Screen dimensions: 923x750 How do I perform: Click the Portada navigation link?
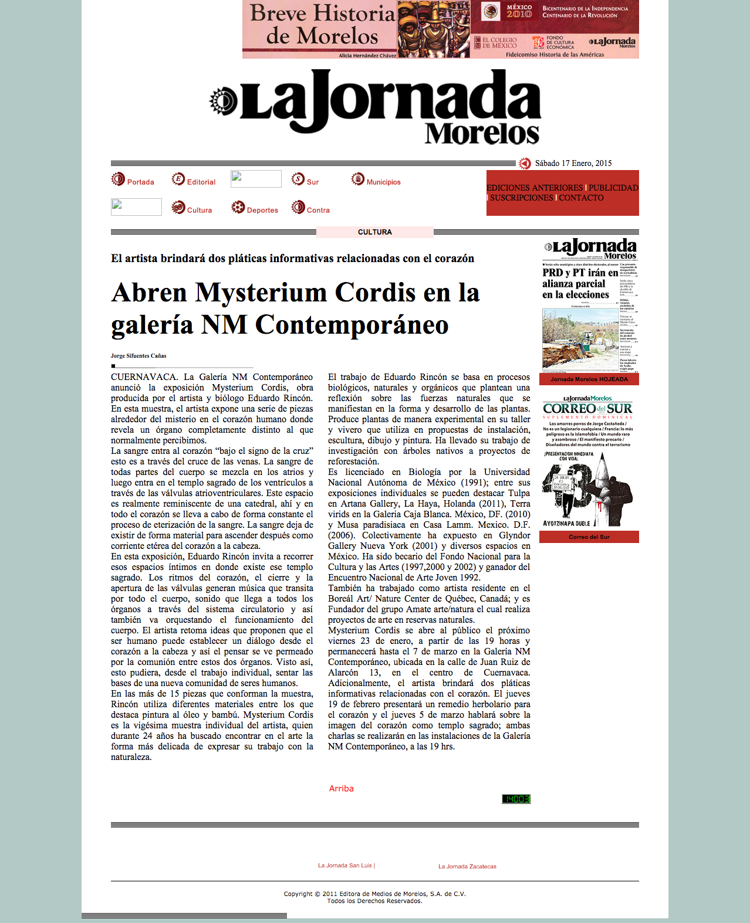point(140,182)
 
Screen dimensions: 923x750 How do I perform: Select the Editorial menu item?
point(201,182)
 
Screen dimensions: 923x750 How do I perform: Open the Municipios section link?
point(383,182)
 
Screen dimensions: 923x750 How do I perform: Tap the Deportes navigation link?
point(262,210)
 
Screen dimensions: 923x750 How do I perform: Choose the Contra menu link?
point(317,210)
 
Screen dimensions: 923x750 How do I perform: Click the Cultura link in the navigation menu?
point(199,210)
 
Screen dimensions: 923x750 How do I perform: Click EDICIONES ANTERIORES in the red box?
point(535,188)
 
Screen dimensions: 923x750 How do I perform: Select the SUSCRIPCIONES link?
point(521,198)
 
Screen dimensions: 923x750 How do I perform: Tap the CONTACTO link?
point(581,198)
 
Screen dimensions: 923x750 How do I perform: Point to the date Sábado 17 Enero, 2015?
point(573,163)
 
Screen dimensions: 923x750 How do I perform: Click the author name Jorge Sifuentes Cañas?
point(138,355)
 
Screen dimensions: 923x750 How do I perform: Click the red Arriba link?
point(341,788)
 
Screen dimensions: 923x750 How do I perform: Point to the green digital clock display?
point(516,799)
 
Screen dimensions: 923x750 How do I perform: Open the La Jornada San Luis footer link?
point(346,865)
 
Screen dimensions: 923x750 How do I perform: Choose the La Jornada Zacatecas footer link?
point(467,866)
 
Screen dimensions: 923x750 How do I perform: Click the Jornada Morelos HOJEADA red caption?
point(589,379)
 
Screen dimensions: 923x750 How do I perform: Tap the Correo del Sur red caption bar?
point(589,537)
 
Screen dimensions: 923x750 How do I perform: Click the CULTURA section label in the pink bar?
point(374,232)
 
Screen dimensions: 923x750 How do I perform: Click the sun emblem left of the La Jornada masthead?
point(223,100)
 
